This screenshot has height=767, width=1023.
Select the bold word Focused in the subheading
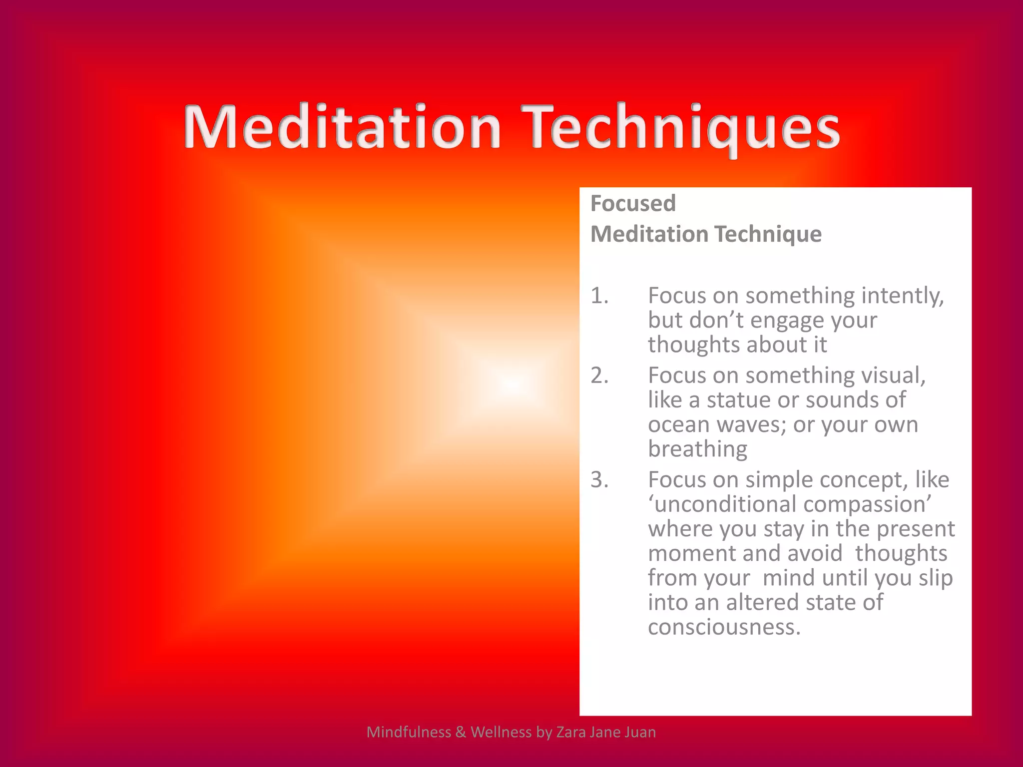[633, 204]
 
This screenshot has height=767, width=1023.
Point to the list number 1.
[599, 296]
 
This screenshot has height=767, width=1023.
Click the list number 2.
[599, 376]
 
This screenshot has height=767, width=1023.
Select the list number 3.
[599, 480]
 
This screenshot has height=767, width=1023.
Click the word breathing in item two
[697, 449]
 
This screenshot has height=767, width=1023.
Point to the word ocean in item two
[678, 425]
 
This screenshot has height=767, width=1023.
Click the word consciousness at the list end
[724, 627]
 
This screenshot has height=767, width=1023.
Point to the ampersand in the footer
[460, 732]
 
